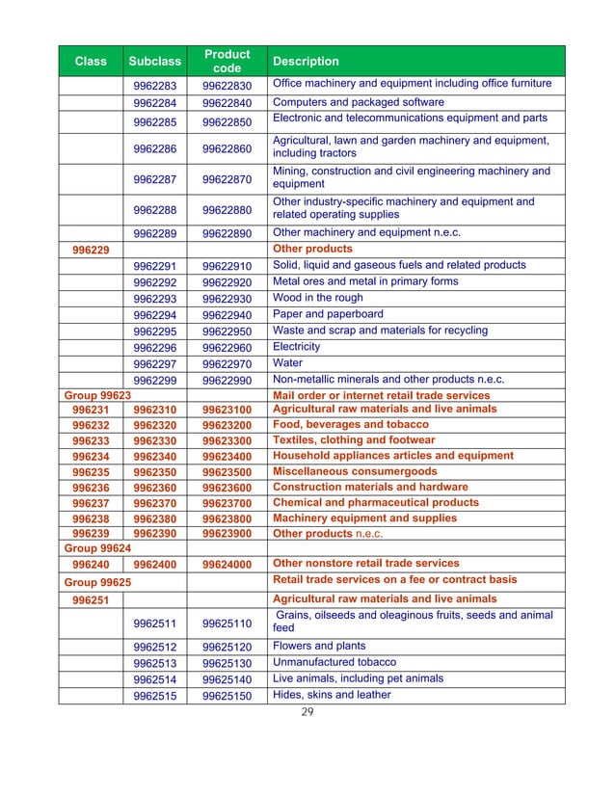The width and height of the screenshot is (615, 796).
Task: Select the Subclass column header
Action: point(155,62)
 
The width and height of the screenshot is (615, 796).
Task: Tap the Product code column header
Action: point(227,61)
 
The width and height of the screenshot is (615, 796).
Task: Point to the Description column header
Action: point(306,62)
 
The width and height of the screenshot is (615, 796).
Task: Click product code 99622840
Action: point(227,103)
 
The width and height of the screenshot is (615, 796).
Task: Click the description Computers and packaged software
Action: point(359,102)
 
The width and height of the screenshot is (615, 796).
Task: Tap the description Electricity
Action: point(297,346)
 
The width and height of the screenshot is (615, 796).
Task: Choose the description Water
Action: point(288,362)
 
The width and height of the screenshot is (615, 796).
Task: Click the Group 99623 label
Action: point(96,395)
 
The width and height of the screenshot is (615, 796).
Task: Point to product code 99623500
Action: point(227,472)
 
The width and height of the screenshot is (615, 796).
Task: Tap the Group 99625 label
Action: point(96,582)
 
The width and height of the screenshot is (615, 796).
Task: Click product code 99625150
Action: point(227,696)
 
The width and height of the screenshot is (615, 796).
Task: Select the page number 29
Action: point(308,714)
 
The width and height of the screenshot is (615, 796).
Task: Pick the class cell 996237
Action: point(90,503)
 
